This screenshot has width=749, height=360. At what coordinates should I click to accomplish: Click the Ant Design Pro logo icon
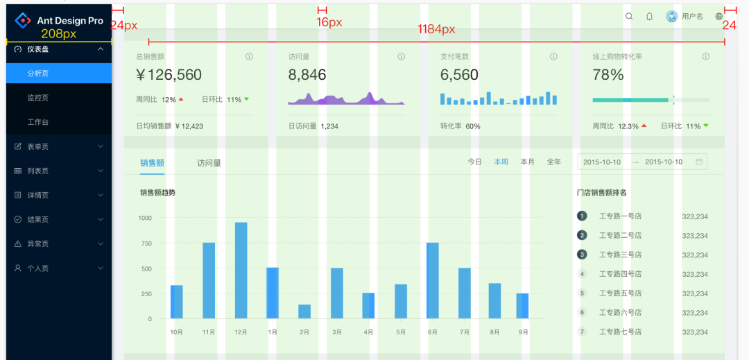[23, 21]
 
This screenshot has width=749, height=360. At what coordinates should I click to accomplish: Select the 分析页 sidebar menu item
[38, 74]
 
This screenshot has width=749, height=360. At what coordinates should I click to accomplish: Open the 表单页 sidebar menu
[38, 146]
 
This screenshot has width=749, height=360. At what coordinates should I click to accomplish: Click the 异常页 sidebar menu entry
[38, 244]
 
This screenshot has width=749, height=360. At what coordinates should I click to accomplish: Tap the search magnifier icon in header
[629, 17]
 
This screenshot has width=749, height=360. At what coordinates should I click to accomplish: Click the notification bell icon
[649, 17]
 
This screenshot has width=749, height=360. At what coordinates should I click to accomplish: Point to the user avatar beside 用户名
[671, 17]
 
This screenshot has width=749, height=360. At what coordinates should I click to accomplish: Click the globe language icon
[719, 17]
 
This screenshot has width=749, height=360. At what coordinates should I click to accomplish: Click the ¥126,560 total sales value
[169, 75]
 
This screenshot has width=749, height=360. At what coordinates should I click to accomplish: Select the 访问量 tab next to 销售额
[209, 163]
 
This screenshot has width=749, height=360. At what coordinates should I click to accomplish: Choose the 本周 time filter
[501, 162]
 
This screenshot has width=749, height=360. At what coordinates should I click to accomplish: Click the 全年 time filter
[553, 162]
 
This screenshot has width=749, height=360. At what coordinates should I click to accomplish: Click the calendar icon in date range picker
[699, 162]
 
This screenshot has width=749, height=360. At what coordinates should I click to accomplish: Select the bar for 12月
[241, 271]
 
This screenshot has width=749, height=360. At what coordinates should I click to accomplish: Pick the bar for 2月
[304, 311]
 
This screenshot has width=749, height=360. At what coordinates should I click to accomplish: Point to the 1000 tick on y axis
[144, 218]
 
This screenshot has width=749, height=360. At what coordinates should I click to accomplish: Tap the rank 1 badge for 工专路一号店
[582, 216]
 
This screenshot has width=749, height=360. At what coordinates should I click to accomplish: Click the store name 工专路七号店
[620, 332]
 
